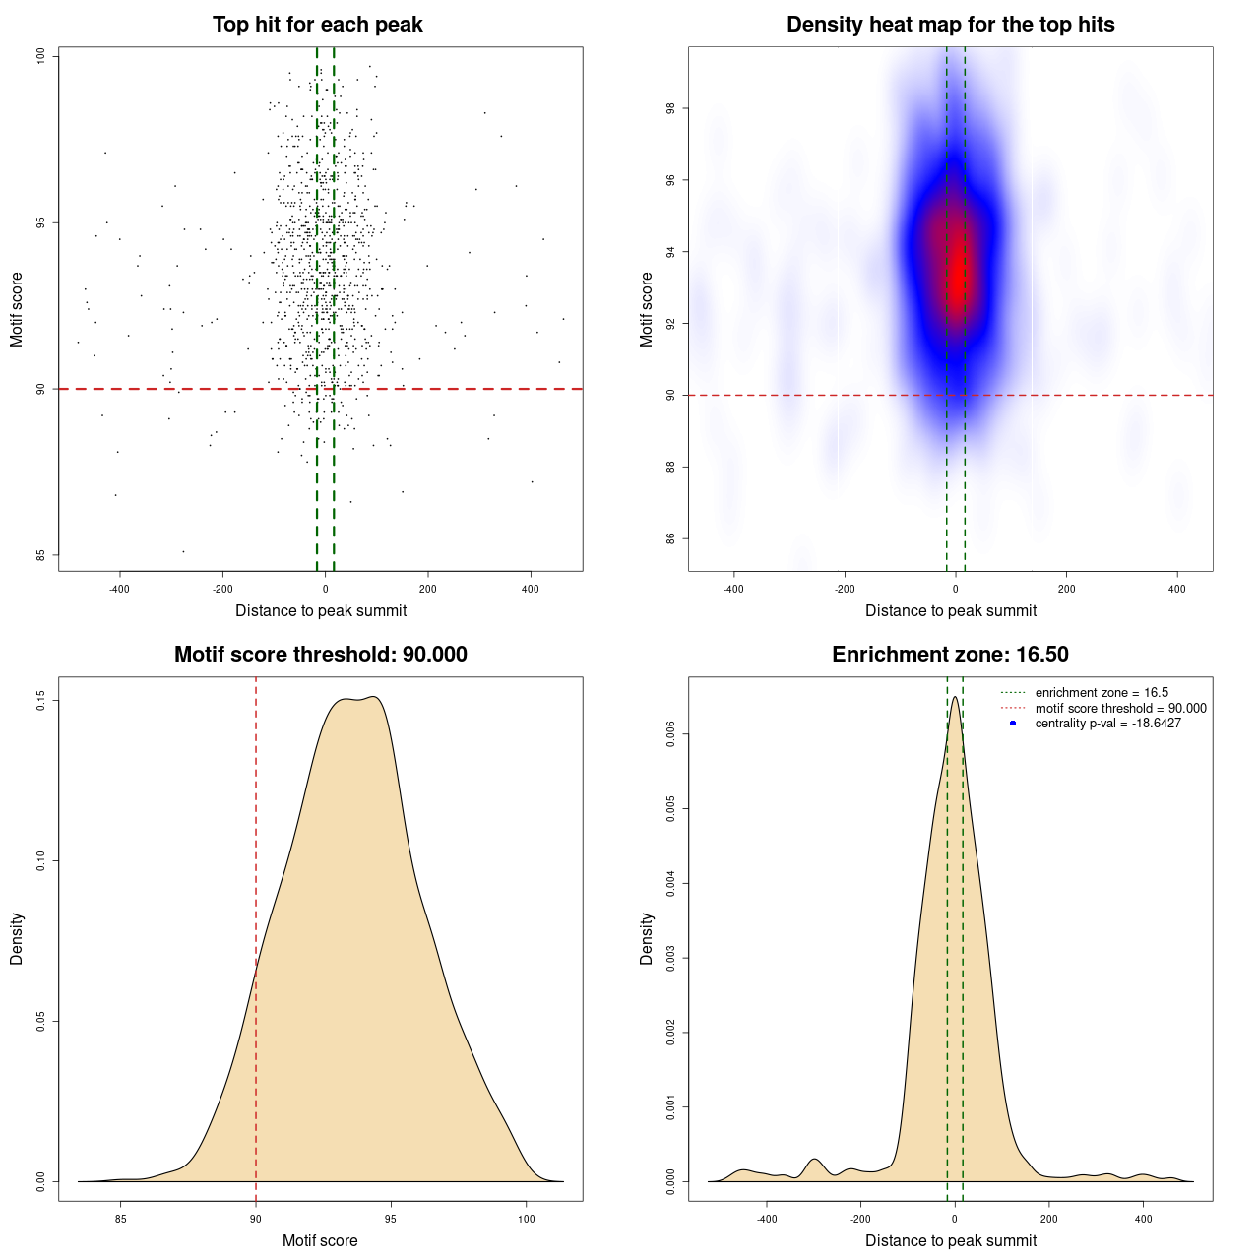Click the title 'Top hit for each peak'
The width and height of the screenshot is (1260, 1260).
317,25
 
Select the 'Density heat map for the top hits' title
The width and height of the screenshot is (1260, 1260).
950,25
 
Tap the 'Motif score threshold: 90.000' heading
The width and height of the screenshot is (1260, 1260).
320,655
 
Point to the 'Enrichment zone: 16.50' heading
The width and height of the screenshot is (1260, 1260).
950,655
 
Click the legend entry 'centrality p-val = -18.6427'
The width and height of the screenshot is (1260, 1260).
1107,724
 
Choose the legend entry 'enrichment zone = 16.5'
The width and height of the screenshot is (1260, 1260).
1102,693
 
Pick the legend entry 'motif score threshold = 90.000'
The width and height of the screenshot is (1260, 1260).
1120,708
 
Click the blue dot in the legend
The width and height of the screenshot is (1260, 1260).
1013,724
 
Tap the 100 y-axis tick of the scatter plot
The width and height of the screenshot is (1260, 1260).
41,56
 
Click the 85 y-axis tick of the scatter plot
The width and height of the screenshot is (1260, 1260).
41,555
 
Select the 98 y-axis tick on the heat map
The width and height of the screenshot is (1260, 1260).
671,108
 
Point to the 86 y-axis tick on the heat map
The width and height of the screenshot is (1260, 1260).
671,538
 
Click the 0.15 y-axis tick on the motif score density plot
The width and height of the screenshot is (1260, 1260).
41,701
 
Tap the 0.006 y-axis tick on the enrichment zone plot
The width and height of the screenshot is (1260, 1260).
671,734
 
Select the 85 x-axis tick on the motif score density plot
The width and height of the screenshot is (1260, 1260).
121,1219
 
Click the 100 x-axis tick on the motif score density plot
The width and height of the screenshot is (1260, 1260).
526,1219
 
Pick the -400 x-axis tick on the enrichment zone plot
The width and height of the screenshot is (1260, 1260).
767,1219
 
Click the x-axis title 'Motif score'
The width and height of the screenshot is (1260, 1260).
320,1240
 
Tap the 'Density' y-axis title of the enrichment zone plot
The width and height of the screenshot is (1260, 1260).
647,938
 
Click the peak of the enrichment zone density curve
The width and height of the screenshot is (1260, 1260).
955,697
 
